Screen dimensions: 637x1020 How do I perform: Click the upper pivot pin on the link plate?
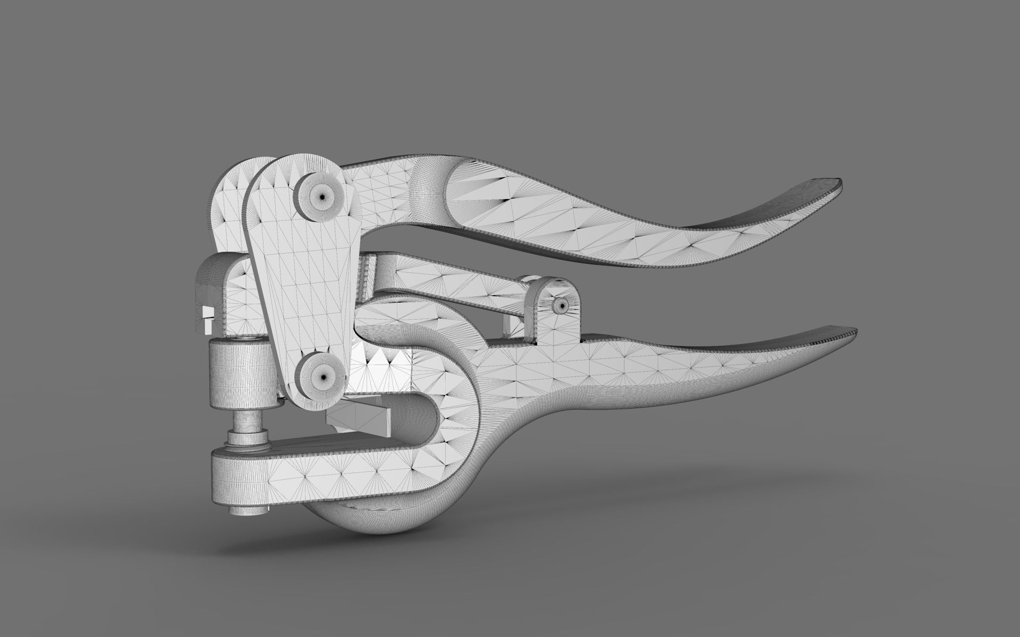321,196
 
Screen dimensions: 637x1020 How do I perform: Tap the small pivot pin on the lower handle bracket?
560,305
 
